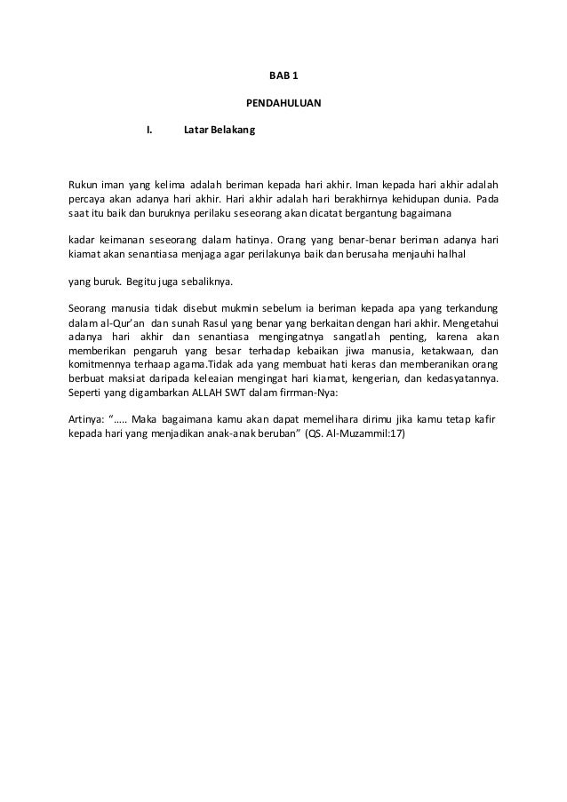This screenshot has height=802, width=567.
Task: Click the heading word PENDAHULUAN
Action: click(x=283, y=104)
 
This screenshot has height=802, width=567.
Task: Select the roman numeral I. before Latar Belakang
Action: click(x=149, y=131)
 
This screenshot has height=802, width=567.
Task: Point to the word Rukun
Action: click(x=84, y=183)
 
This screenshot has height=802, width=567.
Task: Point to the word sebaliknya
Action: click(x=207, y=282)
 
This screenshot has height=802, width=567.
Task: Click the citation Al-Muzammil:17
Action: click(x=371, y=435)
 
